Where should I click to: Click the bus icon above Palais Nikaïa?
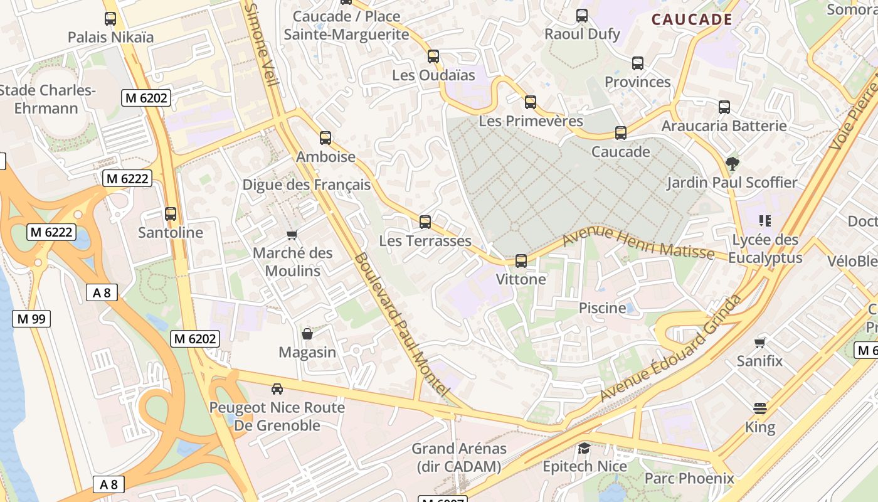[x=110, y=19]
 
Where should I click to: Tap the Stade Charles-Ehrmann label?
[x=47, y=99]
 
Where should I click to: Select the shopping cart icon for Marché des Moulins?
[x=292, y=235]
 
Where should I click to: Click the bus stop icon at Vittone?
[x=521, y=260]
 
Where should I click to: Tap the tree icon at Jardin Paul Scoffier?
[x=731, y=164]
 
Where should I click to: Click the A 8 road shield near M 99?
[x=102, y=292]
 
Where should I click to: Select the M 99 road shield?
[x=31, y=319]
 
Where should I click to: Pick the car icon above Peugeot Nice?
[x=277, y=389]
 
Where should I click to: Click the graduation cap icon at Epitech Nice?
[x=584, y=448]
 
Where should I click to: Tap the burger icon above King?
[x=760, y=409]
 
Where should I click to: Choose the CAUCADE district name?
[x=692, y=19]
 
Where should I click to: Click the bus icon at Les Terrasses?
[x=425, y=222]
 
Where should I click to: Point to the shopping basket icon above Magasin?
[x=307, y=334]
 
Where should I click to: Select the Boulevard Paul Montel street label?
[x=401, y=323]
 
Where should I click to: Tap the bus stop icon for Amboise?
[x=325, y=138]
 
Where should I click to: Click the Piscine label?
[x=602, y=308]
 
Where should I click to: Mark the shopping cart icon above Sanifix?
[x=760, y=343]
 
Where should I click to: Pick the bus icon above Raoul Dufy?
[x=582, y=16]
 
